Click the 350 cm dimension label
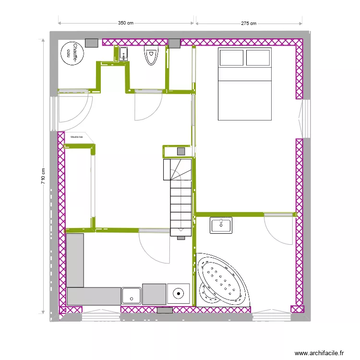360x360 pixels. point(125,23)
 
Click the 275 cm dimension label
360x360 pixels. point(249,23)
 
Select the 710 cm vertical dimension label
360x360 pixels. point(43,178)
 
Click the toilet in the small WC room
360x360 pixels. point(151,55)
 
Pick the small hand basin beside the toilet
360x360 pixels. point(123,54)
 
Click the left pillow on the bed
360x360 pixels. point(231,58)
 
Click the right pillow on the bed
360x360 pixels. point(259,58)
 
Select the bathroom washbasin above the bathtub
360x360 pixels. point(221,225)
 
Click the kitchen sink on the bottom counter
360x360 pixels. point(131,295)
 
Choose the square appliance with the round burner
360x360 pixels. point(179,293)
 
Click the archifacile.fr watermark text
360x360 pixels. point(319,353)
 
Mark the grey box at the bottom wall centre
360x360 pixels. point(165,311)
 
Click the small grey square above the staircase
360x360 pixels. point(181,151)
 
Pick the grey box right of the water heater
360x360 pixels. point(91,42)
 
